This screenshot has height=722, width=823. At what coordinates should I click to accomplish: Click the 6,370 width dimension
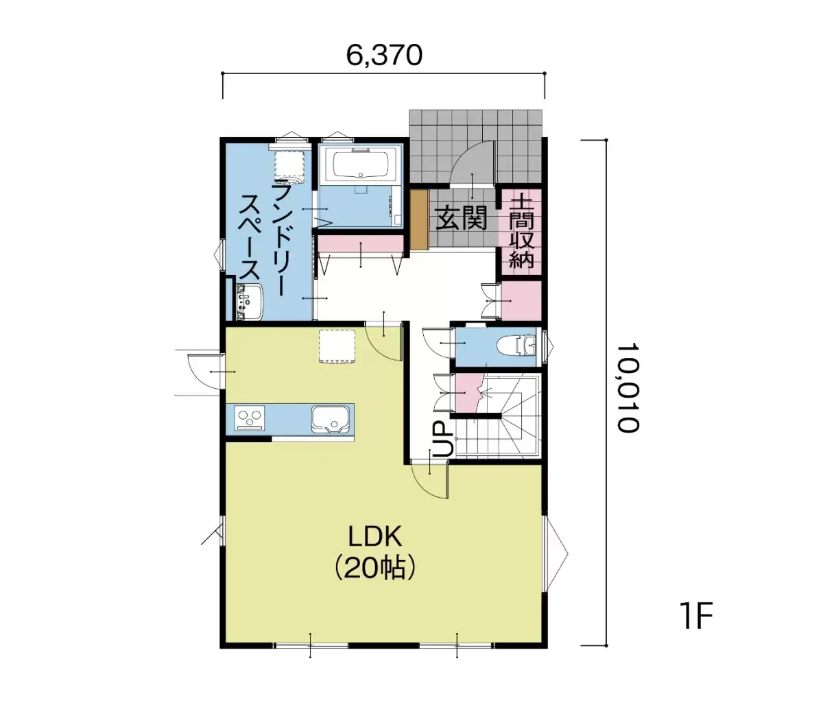pos(383,56)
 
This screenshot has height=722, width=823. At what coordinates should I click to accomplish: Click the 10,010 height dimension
pos(628,389)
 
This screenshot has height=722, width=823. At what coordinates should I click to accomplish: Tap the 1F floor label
pos(696,615)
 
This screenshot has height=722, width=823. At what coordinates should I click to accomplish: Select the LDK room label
pos(374,536)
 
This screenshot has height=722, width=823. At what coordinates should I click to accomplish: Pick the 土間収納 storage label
pos(521,232)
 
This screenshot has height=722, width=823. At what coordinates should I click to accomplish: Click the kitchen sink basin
pos(330,420)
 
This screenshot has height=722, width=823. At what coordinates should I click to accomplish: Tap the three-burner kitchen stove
pos(250,418)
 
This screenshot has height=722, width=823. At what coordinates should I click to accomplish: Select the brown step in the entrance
pos(419,219)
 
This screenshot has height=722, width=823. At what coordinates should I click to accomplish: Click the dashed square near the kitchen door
pos(337,346)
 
